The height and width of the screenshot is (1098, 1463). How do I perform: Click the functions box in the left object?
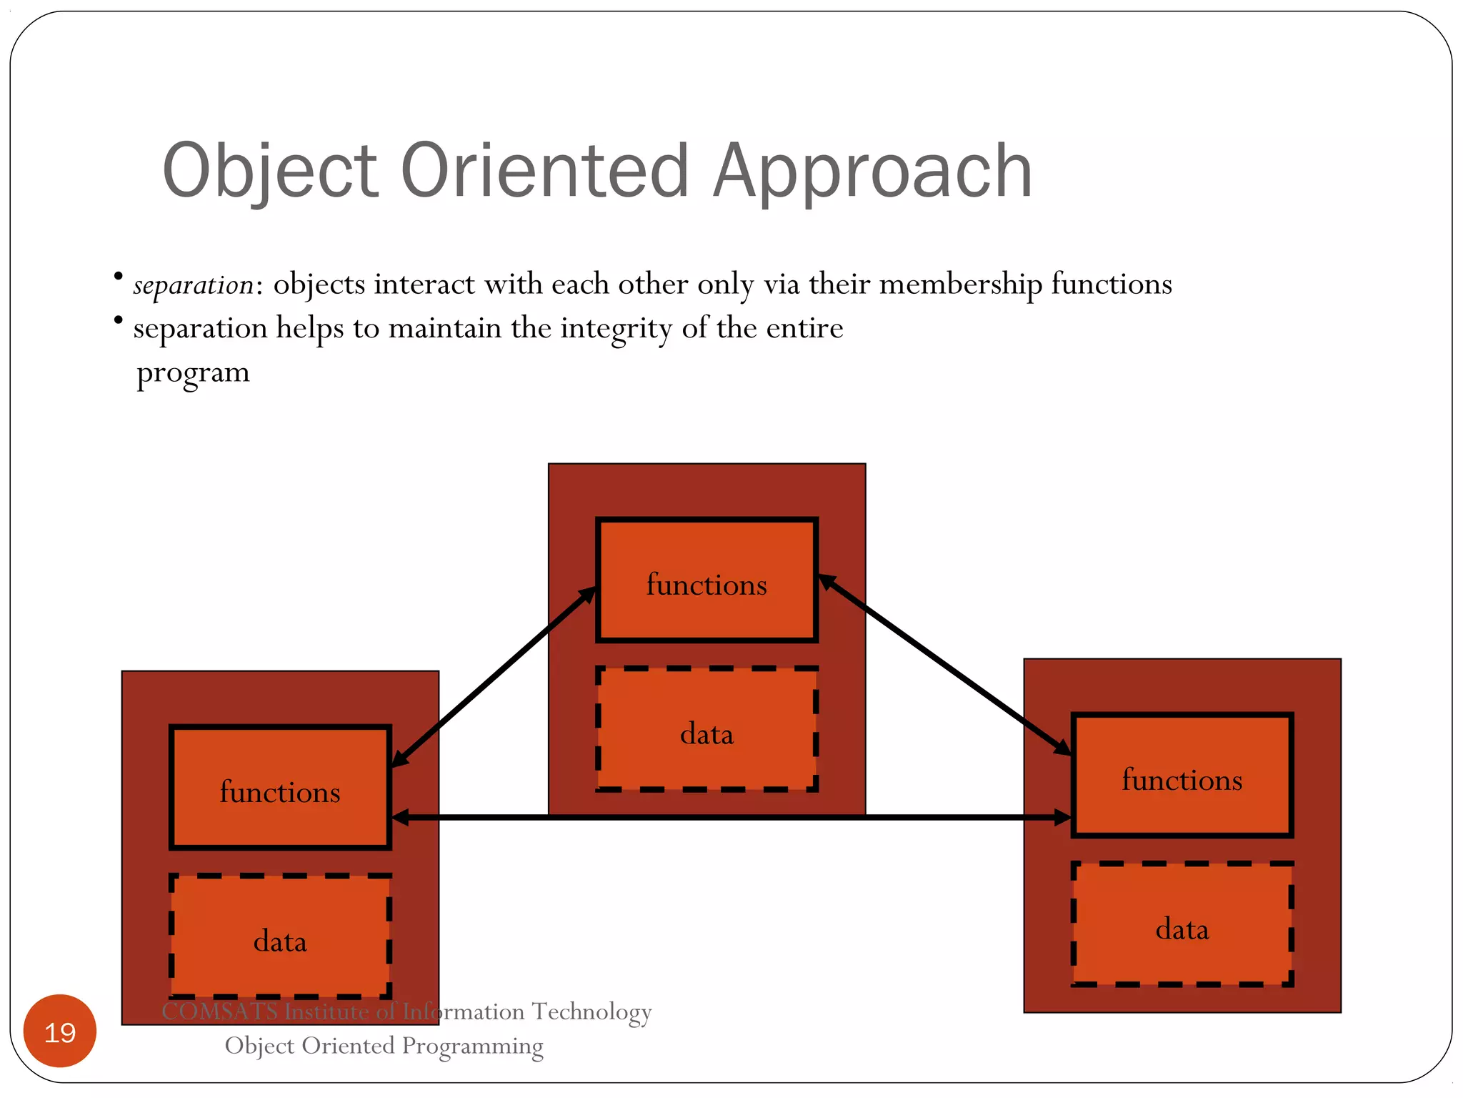pos(280,788)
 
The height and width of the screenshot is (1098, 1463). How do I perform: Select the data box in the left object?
pos(280,936)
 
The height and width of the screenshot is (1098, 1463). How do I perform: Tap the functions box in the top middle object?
pos(706,580)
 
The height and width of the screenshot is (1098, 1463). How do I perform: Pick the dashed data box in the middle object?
pos(706,729)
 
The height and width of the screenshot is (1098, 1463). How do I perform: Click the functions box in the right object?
pos(1182,776)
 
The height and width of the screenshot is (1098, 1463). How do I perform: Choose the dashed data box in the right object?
pos(1182,924)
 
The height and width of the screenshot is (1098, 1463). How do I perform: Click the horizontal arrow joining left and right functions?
pos(714,818)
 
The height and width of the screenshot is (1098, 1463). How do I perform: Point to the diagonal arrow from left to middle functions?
pos(493,678)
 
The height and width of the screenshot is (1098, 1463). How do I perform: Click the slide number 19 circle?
pos(60,1032)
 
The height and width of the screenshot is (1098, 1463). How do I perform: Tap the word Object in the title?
pos(269,172)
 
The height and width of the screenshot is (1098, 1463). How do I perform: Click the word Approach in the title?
pos(872,172)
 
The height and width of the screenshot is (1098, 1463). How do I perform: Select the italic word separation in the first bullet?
pos(193,285)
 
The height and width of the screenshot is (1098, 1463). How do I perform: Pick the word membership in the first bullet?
pos(960,285)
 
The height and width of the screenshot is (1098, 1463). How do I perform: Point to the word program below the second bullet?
pos(193,373)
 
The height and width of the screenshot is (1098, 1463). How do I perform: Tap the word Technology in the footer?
pos(591,1012)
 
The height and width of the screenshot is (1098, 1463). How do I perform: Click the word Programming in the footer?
pos(472,1046)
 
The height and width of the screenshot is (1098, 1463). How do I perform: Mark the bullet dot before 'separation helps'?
pos(119,320)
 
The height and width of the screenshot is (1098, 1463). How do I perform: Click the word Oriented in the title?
pos(544,172)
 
